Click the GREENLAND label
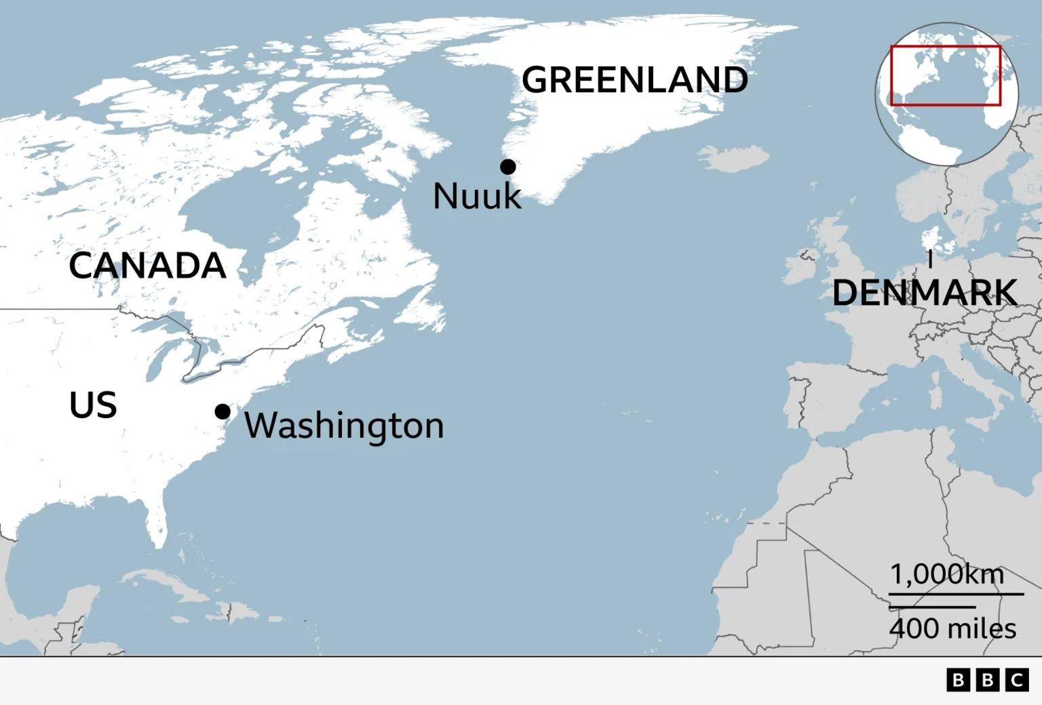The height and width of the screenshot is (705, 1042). tap(634, 80)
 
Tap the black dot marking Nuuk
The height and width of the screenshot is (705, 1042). tap(507, 166)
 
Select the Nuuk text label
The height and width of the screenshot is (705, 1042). tap(477, 197)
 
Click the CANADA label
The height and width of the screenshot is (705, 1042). tap(147, 265)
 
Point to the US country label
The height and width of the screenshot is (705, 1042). tap(93, 405)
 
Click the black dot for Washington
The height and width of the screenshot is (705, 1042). tap(223, 411)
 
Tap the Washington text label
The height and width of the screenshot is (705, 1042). tap(344, 426)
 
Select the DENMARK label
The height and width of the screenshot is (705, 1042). tap(924, 293)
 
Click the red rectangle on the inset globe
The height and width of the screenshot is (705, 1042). tap(946, 47)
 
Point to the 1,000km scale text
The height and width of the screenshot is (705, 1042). tap(946, 575)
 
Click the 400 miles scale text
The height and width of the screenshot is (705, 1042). tap(952, 628)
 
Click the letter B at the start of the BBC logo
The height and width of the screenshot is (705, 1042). tap(959, 680)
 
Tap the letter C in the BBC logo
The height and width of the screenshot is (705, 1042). tap(1017, 680)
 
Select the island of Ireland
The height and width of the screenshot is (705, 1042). tap(800, 266)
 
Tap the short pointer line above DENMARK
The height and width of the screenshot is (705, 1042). tap(930, 260)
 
